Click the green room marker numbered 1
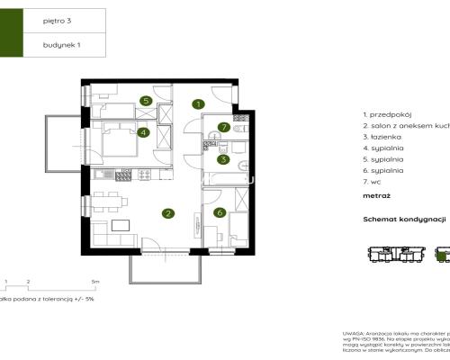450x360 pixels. pyautogui.click(x=197, y=104)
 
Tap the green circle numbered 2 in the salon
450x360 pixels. pyautogui.click(x=167, y=213)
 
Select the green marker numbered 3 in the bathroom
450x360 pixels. pyautogui.click(x=221, y=159)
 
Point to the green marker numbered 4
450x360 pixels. pyautogui.click(x=143, y=133)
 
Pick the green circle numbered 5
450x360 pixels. pyautogui.click(x=144, y=101)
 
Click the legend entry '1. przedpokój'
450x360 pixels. pyautogui.click(x=384, y=115)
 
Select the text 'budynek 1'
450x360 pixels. pyautogui.click(x=57, y=43)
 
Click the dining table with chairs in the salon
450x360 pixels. pyautogui.click(x=107, y=201)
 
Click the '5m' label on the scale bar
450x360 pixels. pyautogui.click(x=82, y=282)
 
